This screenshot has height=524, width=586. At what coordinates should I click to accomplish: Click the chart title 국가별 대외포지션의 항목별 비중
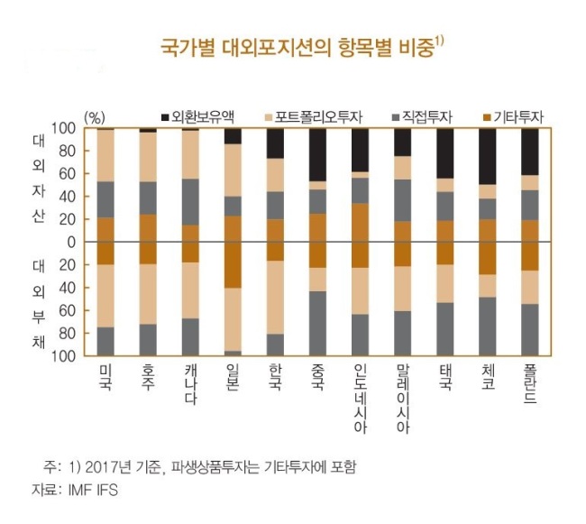click(x=298, y=48)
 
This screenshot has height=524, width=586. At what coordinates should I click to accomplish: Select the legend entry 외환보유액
click(x=198, y=117)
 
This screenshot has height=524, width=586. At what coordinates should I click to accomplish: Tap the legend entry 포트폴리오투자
click(x=314, y=117)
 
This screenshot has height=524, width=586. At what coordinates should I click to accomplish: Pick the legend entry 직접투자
click(x=423, y=117)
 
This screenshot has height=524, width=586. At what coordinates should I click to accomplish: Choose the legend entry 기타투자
click(x=513, y=117)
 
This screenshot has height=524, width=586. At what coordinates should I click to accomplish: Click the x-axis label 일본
click(x=233, y=378)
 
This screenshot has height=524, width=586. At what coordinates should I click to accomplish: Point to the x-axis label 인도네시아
click(x=361, y=399)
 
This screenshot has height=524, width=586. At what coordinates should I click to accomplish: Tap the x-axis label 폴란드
click(x=530, y=384)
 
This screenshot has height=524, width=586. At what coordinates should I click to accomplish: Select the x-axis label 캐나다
click(x=190, y=384)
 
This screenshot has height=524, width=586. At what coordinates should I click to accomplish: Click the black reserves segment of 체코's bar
click(x=488, y=157)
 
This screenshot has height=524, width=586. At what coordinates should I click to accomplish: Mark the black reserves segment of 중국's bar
click(x=317, y=155)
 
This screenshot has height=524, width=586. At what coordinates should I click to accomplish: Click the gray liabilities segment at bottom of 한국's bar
click(x=275, y=345)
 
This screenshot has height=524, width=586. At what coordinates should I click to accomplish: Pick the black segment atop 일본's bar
click(x=233, y=136)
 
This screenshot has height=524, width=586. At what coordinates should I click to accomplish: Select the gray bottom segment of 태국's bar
click(x=445, y=329)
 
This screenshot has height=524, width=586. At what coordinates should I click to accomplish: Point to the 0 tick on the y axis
click(x=71, y=243)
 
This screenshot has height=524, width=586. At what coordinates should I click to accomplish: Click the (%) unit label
click(x=95, y=118)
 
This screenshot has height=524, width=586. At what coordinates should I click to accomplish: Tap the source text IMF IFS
click(x=93, y=490)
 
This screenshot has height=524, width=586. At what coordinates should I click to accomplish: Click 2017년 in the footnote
click(x=108, y=467)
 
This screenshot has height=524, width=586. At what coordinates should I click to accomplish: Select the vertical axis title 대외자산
click(x=39, y=179)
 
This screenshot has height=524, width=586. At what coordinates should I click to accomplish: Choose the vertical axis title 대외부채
click(x=39, y=304)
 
